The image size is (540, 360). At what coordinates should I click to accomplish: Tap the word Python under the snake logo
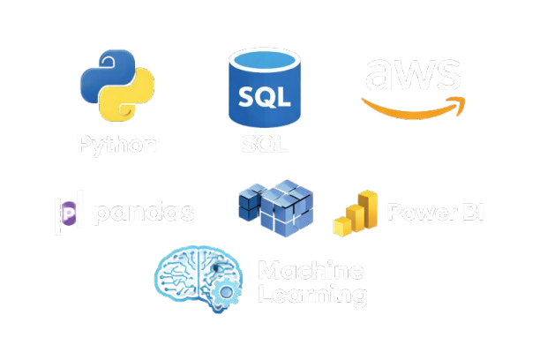click(x=117, y=145)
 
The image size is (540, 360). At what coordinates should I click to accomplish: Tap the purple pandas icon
click(x=69, y=213)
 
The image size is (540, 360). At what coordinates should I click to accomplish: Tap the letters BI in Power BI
click(x=470, y=213)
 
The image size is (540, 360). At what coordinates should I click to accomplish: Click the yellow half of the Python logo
click(x=131, y=102)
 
